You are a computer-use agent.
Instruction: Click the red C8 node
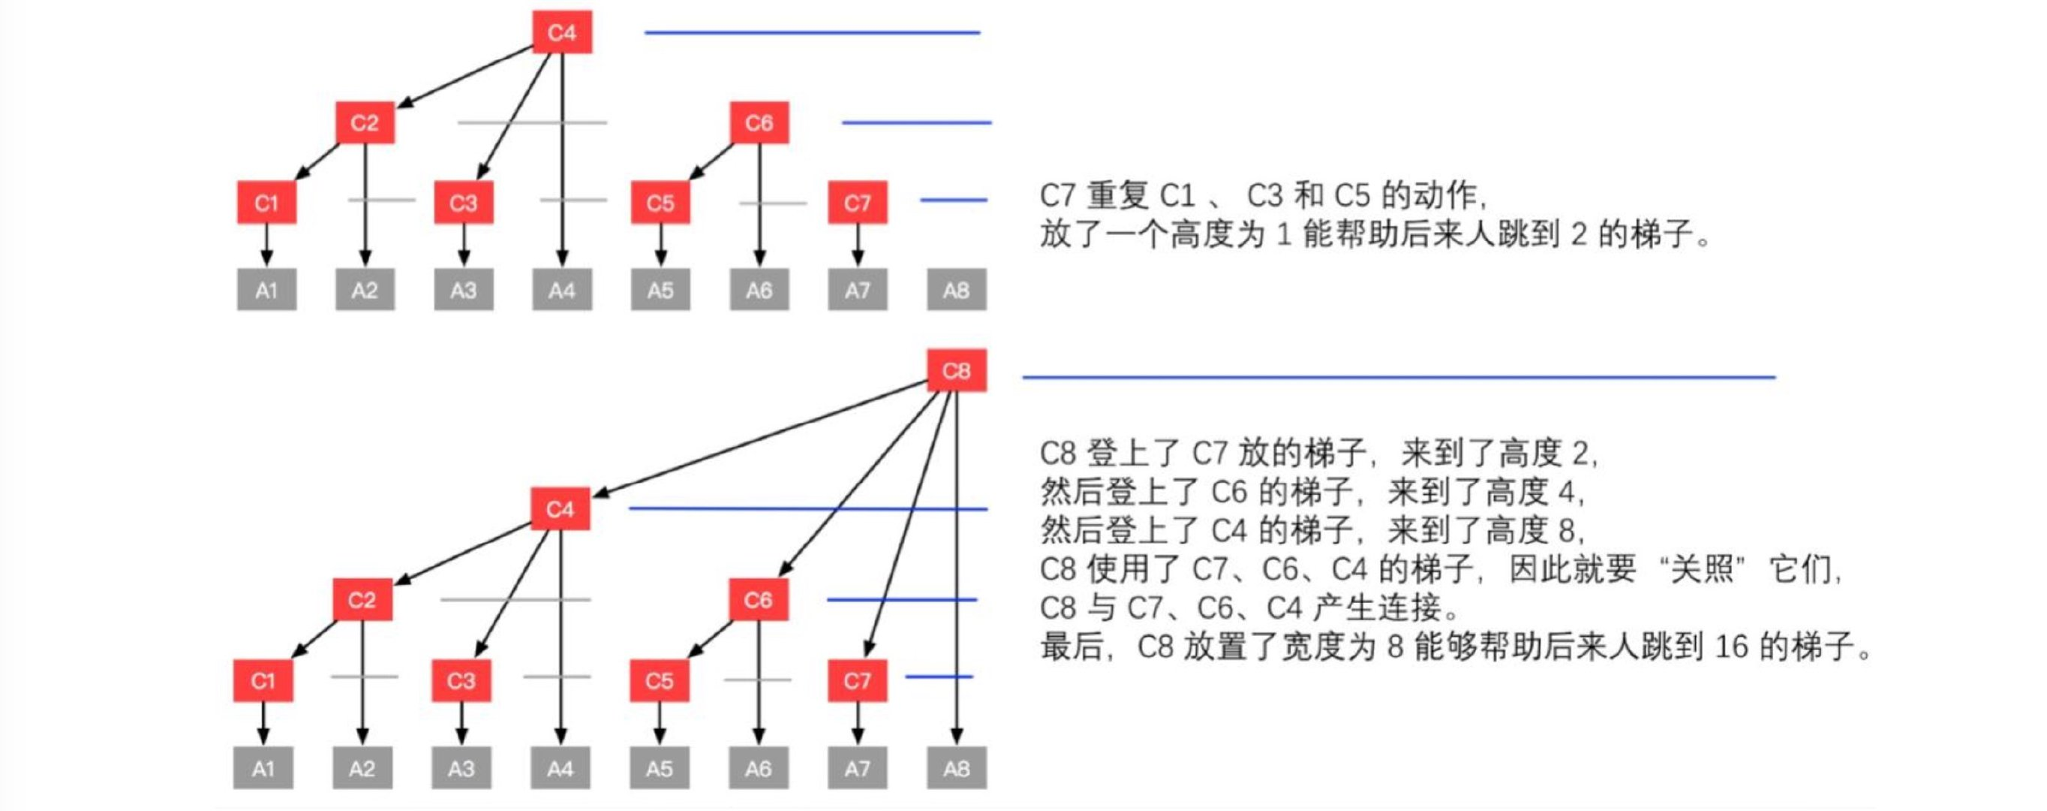point(957,370)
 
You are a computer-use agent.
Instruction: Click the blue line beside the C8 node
point(1399,378)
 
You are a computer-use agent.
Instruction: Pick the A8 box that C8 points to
point(957,768)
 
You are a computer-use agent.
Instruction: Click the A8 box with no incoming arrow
point(956,289)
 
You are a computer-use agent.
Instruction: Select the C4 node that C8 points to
point(561,509)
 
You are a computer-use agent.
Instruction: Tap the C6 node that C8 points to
point(758,599)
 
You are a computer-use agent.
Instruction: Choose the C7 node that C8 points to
point(857,680)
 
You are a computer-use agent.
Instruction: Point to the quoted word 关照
point(1701,569)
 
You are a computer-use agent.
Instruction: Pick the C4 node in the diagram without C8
point(562,32)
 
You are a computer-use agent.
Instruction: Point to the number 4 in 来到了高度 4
point(1566,492)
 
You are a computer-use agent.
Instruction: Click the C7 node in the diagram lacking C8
point(858,203)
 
